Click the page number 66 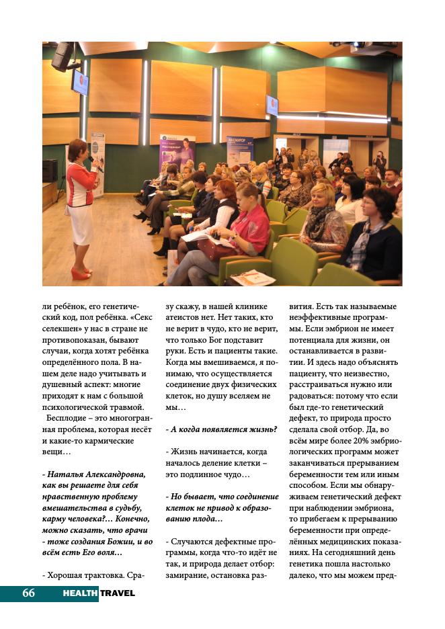pos(28,593)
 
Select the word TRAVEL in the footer pos(118,593)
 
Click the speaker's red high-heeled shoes pos(81,274)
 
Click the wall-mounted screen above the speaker pos(80,83)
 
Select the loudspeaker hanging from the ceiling pos(63,56)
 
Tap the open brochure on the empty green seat pos(252,277)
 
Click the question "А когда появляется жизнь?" pos(221,429)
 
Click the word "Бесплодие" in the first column pos(65,418)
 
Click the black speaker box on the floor pos(50,171)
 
